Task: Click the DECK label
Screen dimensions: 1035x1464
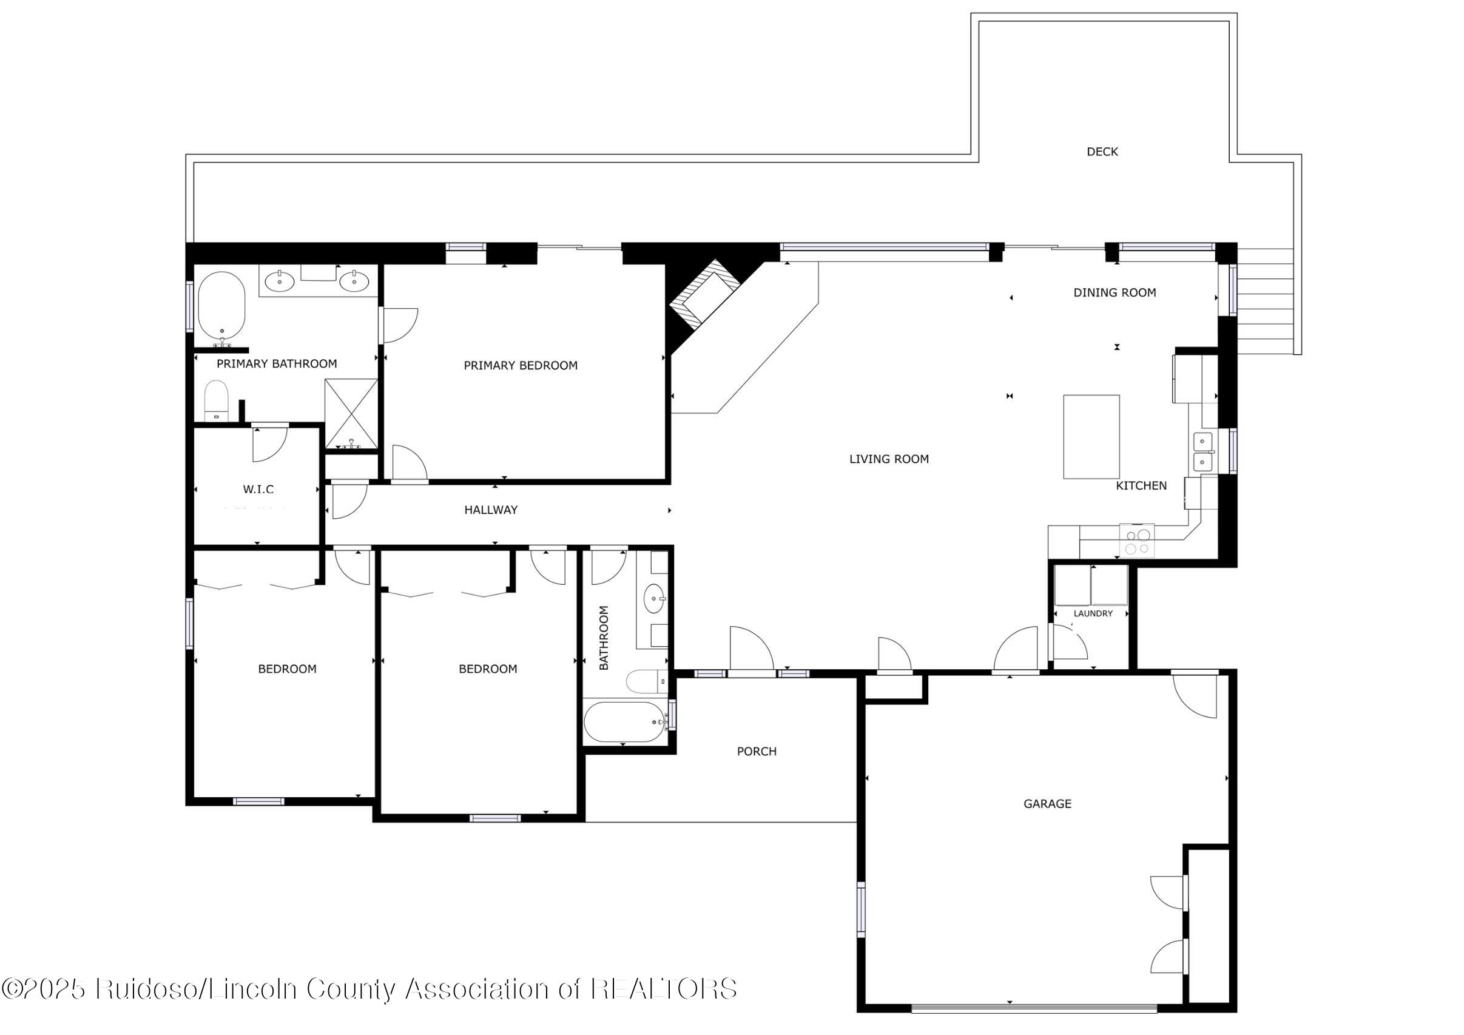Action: pos(1102,152)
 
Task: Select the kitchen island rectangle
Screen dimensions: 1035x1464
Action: pos(1091,437)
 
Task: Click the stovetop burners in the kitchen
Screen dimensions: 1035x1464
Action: pos(1137,541)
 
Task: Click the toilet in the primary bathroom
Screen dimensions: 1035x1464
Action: pos(216,400)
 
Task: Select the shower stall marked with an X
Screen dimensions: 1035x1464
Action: pos(351,414)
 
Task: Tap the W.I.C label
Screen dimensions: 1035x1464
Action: pos(258,490)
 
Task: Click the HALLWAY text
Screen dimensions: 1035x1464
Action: pos(490,510)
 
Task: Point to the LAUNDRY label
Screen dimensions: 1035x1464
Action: pos(1093,613)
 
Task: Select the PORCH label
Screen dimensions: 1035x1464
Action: pos(756,752)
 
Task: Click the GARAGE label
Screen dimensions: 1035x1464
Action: pos(1047,804)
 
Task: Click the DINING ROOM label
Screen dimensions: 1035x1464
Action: pos(1114,292)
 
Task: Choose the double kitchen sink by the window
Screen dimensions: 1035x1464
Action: pos(1203,451)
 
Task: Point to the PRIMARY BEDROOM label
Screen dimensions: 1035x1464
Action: pos(521,365)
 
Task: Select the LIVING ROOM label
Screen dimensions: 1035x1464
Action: pos(888,459)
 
